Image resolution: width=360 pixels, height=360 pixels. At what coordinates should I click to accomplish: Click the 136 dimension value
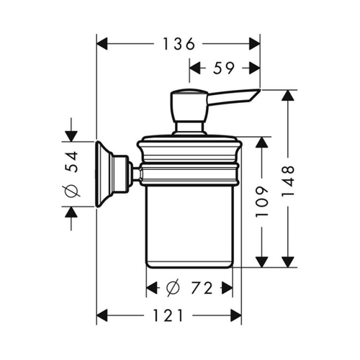[179, 44]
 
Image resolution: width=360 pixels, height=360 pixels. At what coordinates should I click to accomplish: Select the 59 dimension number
[223, 68]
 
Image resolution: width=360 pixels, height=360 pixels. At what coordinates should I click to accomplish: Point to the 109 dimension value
[262, 202]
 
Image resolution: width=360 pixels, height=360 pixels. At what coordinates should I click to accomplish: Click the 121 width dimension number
[168, 315]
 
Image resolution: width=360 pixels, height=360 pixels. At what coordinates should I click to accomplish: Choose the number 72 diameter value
[202, 288]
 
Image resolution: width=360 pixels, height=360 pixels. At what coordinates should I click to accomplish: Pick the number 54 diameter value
[72, 161]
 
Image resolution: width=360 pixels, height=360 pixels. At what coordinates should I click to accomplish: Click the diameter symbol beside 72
[173, 288]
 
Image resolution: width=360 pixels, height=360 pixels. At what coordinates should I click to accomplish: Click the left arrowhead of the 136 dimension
[102, 44]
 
